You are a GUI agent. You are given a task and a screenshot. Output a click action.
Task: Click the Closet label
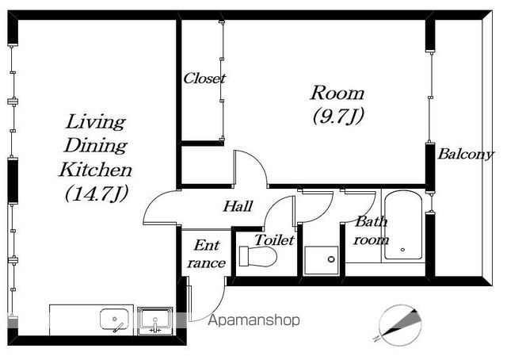204,79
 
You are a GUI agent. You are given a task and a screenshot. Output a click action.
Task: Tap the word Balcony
466,155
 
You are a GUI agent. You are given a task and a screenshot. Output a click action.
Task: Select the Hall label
238,206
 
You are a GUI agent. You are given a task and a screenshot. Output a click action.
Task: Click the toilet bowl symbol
258,256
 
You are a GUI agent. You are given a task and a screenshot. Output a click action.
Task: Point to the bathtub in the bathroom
403,225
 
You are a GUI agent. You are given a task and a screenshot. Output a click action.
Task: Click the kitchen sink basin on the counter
114,320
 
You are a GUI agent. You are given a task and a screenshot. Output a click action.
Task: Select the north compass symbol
400,324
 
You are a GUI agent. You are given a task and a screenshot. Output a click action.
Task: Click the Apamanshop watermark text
253,320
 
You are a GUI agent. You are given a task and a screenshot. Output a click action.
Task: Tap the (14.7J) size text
97,193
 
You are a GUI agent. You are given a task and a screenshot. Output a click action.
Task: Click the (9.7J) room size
338,116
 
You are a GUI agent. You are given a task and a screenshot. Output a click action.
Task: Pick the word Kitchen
95,170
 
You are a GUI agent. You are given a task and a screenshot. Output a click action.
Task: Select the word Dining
95,146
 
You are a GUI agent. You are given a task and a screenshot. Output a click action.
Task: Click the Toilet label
274,240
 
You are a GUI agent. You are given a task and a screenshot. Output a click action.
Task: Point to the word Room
337,93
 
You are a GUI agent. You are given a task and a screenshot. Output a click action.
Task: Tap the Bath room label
372,231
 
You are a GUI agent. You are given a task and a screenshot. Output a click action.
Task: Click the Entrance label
206,254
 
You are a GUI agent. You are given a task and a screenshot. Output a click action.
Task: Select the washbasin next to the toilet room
322,261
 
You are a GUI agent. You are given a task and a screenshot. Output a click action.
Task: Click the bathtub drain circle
402,250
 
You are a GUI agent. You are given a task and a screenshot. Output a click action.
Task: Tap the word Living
96,122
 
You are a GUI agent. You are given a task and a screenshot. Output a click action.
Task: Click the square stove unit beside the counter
155,321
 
